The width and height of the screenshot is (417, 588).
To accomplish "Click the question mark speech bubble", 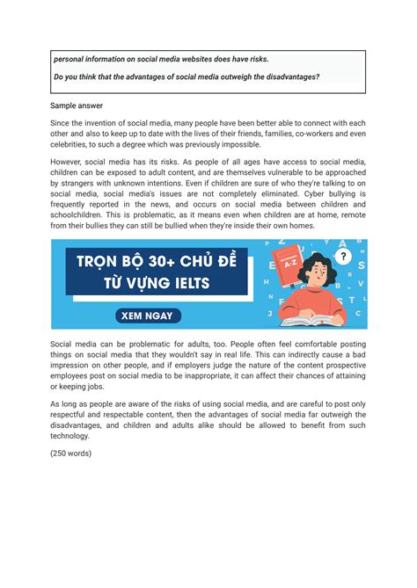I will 344,257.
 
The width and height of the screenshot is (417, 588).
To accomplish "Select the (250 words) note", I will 71,454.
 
